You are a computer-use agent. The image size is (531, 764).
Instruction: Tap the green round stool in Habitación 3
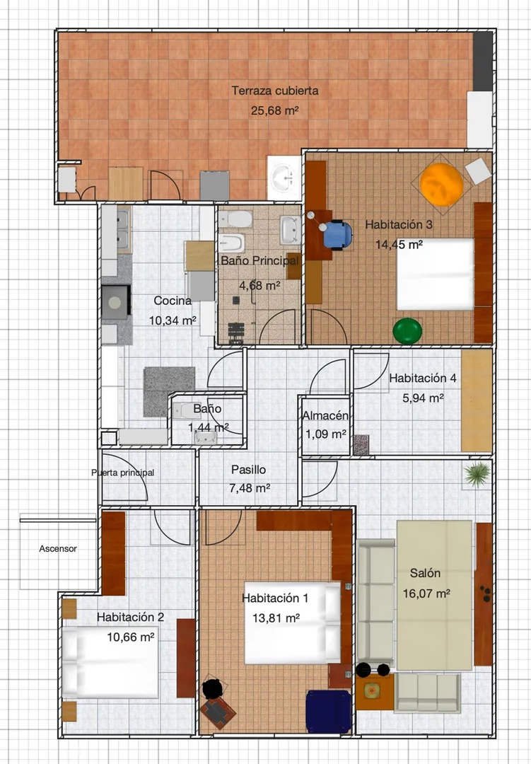(x=407, y=331)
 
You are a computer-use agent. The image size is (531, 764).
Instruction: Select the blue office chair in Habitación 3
(x=338, y=234)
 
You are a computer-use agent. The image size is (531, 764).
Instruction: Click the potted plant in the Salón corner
(x=477, y=473)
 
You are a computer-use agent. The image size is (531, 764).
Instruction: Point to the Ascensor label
(x=58, y=549)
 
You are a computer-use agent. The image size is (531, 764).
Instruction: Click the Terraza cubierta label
(x=275, y=91)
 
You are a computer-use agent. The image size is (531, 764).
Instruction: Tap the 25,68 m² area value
(x=274, y=110)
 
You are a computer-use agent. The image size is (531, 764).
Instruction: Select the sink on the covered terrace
(x=284, y=178)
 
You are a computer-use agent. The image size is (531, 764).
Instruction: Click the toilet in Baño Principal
(x=235, y=219)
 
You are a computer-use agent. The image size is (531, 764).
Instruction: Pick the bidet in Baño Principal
(x=231, y=242)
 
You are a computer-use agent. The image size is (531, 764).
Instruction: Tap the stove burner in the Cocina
(x=115, y=303)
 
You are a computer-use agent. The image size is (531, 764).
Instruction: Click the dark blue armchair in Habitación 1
(x=328, y=712)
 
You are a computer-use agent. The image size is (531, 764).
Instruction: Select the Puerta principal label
(x=123, y=473)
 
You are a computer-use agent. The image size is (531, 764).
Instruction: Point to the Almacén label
(x=325, y=416)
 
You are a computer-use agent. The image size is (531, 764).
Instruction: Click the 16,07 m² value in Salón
(x=426, y=594)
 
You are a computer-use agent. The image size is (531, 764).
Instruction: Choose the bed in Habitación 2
(x=110, y=662)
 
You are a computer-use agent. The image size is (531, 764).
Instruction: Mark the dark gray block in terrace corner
(x=483, y=61)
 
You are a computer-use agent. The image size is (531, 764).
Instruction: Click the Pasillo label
(x=248, y=470)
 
